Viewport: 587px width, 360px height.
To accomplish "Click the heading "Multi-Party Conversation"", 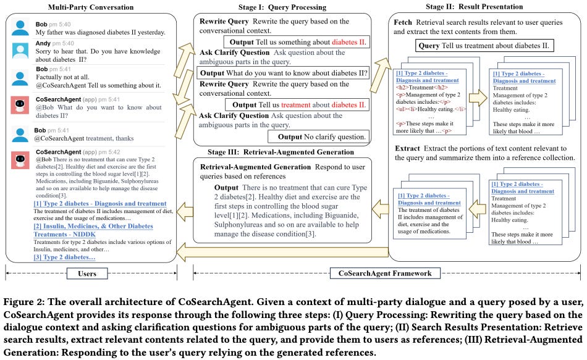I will click(92, 7).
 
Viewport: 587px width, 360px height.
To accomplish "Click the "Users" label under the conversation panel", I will click(92, 272).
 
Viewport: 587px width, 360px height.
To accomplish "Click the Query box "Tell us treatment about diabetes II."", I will click(485, 46).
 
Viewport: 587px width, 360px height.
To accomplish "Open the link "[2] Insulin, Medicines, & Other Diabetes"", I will click(85, 227).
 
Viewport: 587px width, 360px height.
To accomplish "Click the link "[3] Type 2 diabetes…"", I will click(55, 256).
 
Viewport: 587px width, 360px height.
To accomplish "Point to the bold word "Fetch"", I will click(403, 22).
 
